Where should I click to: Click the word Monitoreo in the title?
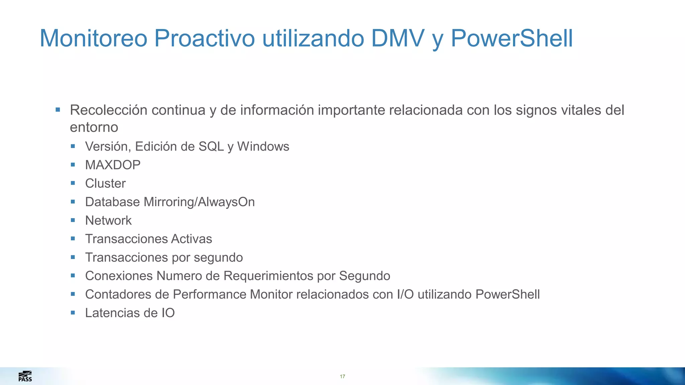[93, 38]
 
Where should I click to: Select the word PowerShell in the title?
[512, 38]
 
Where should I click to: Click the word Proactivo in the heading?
[204, 38]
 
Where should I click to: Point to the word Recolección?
[109, 110]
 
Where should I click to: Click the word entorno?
[94, 128]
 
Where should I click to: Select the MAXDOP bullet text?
[113, 165]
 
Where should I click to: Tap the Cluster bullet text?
[105, 183]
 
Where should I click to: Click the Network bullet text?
[108, 221]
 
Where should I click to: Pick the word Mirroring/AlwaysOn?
[199, 202]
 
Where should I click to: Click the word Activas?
[191, 239]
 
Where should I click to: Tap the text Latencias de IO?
[130, 313]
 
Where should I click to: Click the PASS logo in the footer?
[25, 376]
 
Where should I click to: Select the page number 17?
[342, 377]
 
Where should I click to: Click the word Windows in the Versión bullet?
[263, 147]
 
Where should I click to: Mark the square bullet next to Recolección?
[58, 110]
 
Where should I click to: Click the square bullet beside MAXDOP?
[73, 164]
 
